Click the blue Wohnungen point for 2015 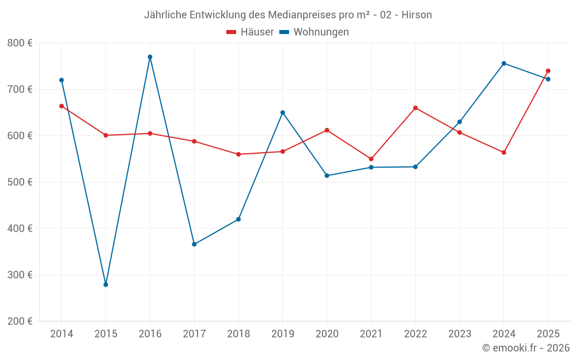106,285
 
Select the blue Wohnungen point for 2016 150,57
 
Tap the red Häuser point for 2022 415,108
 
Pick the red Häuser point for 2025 548,71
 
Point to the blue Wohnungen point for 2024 504,63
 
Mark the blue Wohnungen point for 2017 194,244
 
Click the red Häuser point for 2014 62,106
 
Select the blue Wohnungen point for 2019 283,112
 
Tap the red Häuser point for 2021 371,159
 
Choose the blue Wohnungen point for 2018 238,219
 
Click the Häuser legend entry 250,32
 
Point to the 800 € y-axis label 20,43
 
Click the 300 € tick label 20,275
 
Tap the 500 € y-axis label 20,182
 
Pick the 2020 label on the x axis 327,334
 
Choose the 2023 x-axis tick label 460,334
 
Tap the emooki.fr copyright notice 526,348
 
